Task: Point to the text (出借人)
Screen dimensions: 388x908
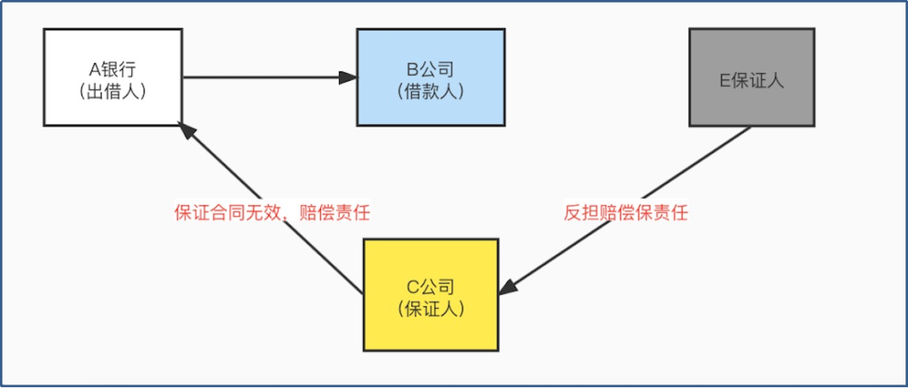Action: click(113, 91)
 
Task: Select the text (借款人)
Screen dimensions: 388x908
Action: click(430, 91)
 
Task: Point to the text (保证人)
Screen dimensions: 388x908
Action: click(430, 307)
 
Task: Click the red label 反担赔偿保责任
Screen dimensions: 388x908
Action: click(626, 213)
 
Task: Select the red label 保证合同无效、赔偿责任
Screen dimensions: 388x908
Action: click(272, 213)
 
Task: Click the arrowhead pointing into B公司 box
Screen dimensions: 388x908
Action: click(348, 77)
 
